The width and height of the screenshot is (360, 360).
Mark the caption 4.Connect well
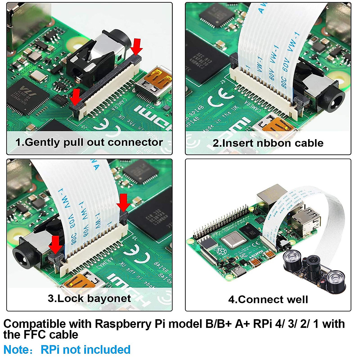point(268,299)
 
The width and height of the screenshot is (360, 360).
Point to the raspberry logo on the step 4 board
point(221,251)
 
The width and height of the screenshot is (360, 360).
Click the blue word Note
point(16,350)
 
